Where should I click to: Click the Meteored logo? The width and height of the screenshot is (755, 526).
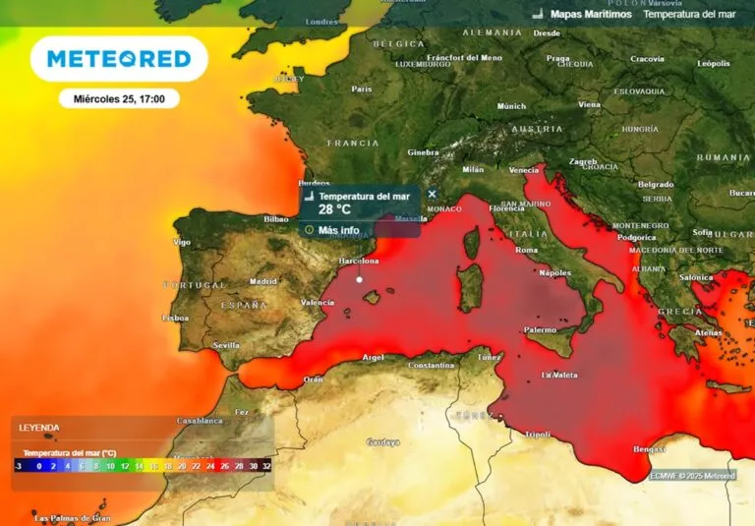coord(119,59)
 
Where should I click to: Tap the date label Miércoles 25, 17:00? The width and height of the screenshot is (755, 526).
coord(118,98)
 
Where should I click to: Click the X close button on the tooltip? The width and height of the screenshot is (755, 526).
coord(432,194)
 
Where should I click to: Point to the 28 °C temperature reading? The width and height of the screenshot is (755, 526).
coord(334,209)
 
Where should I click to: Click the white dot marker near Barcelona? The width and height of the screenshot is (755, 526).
coord(360,280)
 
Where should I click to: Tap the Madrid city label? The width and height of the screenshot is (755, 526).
coord(262,280)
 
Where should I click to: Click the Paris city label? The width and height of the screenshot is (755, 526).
coord(362,88)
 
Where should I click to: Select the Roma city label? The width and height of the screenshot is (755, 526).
coord(527,250)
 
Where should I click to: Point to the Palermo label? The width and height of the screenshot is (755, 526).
coord(540,330)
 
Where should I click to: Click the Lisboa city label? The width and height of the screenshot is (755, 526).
coord(175,318)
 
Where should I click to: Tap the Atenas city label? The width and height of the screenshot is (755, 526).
coord(708,332)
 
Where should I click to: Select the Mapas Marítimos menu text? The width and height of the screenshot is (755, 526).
coord(590,15)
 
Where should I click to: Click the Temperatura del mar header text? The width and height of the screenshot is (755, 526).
coord(690,15)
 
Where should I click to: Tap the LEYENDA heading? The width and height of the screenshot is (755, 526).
coord(39,428)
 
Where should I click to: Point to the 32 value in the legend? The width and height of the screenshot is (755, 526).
coord(266,466)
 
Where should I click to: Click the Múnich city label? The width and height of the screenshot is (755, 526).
coord(511,106)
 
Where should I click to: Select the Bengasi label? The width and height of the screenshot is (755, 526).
coord(650,448)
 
